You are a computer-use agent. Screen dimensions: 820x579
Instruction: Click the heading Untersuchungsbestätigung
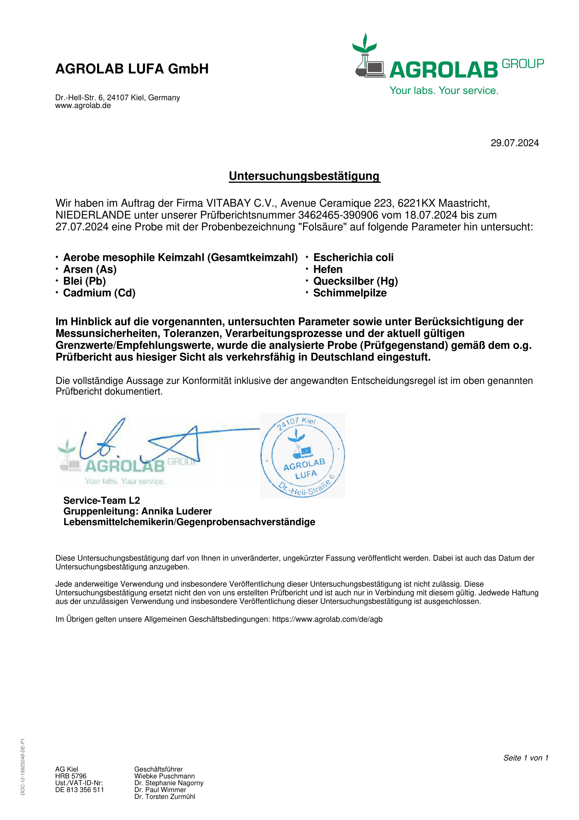304,176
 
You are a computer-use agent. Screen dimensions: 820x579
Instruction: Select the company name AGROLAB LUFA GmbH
132,69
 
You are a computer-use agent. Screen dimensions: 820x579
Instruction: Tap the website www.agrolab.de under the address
83,106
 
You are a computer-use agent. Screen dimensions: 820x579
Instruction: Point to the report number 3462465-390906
338,215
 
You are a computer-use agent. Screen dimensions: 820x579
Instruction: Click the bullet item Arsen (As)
90,269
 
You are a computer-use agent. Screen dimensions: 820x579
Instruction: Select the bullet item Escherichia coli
353,258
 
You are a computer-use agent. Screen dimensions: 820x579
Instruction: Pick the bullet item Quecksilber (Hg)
355,281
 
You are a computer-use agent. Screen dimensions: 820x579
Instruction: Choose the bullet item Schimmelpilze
350,293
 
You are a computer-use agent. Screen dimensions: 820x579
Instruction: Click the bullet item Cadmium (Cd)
99,293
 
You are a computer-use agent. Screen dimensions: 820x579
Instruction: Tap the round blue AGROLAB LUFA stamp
303,455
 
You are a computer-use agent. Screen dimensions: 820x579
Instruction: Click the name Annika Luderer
177,511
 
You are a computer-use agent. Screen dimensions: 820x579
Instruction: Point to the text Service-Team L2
102,500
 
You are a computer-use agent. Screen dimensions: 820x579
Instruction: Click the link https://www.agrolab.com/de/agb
327,619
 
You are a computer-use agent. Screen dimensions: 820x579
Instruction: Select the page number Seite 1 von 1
525,758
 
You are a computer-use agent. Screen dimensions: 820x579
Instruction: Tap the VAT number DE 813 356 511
80,789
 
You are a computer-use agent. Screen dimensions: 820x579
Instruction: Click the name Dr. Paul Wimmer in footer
160,789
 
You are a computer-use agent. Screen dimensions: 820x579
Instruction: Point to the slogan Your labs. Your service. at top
444,91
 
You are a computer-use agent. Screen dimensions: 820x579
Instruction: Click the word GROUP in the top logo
523,64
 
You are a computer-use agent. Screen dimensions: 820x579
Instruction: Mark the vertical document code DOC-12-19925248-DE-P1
23,766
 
